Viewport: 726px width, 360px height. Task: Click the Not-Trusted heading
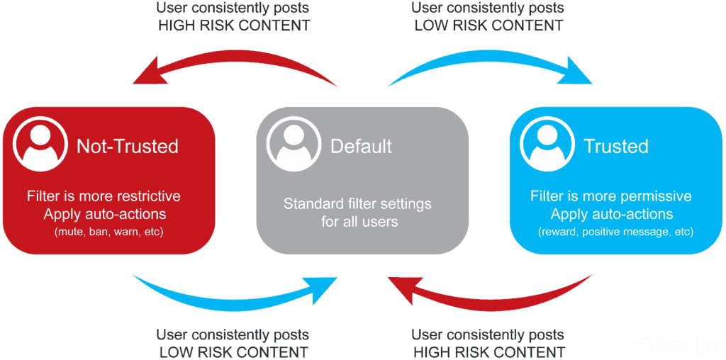click(x=128, y=147)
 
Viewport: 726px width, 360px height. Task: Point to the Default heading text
click(x=361, y=147)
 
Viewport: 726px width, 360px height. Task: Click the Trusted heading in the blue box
click(x=615, y=147)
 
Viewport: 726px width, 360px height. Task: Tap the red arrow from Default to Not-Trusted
click(x=234, y=66)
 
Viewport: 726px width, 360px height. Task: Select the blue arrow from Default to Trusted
click(x=489, y=66)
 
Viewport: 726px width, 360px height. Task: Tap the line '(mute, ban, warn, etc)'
click(x=108, y=231)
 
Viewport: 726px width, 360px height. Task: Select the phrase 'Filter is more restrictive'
click(x=104, y=196)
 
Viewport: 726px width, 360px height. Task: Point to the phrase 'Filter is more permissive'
click(x=610, y=196)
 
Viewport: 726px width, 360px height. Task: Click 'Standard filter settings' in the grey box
click(x=357, y=204)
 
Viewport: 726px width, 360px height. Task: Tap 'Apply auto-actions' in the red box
click(x=104, y=214)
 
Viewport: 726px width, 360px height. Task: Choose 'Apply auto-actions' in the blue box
click(x=611, y=214)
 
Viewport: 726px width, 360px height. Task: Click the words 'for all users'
click(x=359, y=222)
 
